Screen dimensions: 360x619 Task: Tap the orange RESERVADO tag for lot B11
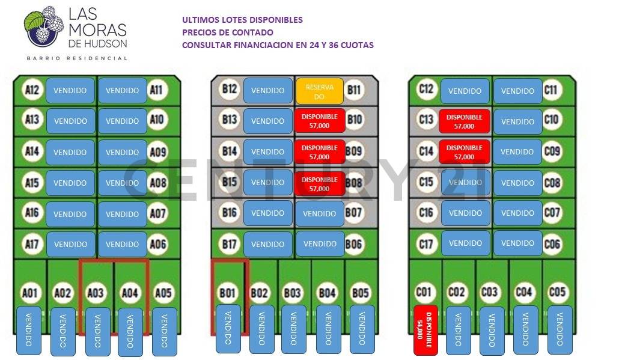[319, 91]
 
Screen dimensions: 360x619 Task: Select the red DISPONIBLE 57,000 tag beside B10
[320, 120]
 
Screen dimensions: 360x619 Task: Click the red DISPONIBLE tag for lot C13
[465, 121]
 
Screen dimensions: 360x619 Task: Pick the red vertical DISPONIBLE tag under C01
[425, 330]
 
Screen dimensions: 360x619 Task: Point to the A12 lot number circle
[32, 90]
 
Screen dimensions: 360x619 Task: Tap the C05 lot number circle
[557, 292]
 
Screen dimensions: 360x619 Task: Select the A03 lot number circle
[96, 293]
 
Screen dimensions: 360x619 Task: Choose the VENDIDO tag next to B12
[267, 91]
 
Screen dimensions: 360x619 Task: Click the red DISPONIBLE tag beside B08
[320, 183]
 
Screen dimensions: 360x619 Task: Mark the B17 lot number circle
[229, 244]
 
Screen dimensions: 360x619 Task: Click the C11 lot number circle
[550, 91]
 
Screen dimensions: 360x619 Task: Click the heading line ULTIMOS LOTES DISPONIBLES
[242, 20]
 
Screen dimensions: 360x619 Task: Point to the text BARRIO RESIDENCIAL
[76, 58]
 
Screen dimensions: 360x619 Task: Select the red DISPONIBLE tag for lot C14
[464, 152]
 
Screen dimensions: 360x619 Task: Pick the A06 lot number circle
[157, 244]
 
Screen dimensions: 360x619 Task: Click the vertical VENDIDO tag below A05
[164, 330]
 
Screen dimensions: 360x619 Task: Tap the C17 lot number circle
[426, 243]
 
